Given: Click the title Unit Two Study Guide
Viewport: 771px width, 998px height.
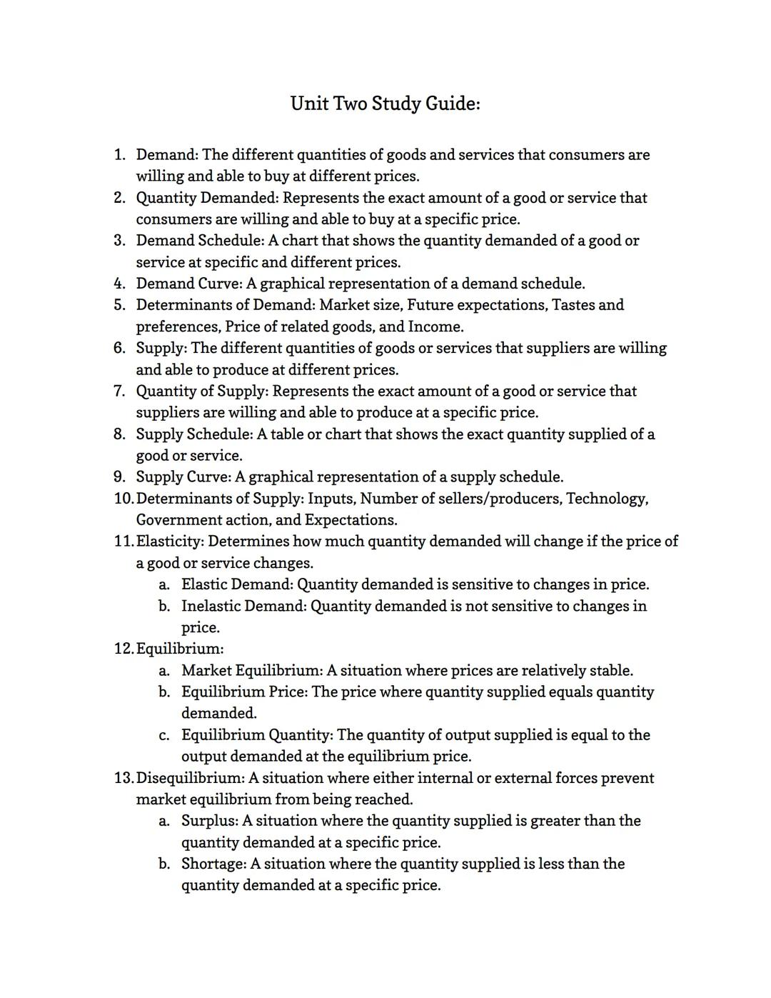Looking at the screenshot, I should (x=385, y=104).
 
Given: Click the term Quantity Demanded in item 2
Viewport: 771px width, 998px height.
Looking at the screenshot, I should (x=206, y=198).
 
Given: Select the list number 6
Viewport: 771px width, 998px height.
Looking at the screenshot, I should (x=119, y=348).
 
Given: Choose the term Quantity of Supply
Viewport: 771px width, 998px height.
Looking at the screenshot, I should (x=201, y=391).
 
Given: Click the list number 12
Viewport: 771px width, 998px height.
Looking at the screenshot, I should (x=123, y=649).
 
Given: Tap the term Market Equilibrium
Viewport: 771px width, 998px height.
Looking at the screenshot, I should (x=251, y=671).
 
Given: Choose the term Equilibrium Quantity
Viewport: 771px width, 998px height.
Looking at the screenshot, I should (x=256, y=735).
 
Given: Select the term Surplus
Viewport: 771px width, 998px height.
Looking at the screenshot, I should (x=208, y=821).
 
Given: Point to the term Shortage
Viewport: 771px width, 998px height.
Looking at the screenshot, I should (x=213, y=864).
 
